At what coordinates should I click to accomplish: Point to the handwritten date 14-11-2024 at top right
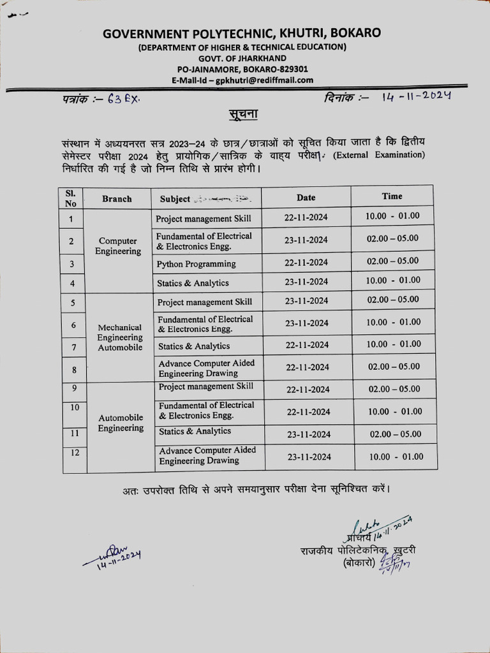pos(417,96)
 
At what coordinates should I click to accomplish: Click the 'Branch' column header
pos(117,199)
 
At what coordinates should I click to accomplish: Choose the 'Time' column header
pos(392,196)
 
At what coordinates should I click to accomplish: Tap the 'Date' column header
pos(306,198)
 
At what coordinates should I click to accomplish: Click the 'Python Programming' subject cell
pos(197,264)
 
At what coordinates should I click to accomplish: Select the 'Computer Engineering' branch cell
pos(117,246)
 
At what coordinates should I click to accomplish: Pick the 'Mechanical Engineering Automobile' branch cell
pos(120,337)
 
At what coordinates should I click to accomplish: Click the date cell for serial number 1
pos(306,217)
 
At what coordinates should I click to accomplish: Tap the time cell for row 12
pos(395,457)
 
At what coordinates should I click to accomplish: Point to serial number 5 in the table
pos(73,303)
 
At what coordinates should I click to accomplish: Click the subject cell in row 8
pos(207,368)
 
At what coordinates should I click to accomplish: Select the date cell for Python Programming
pos(306,262)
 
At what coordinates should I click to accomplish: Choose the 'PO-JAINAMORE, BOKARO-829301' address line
pos(242,69)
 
